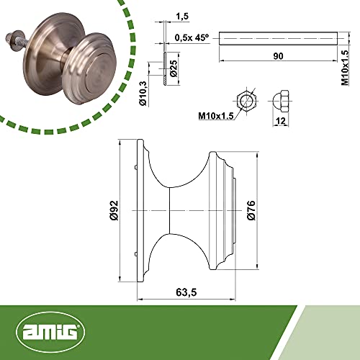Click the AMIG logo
coord(50,332)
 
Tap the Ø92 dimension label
coord(114,210)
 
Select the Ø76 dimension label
coord(251,210)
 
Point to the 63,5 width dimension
coord(186,292)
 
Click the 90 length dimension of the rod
coord(278,56)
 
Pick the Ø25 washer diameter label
coord(174,68)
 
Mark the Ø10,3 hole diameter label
coord(143,94)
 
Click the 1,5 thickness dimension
coord(182,17)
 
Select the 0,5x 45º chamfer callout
coord(192,37)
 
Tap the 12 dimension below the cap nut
coord(281,121)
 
